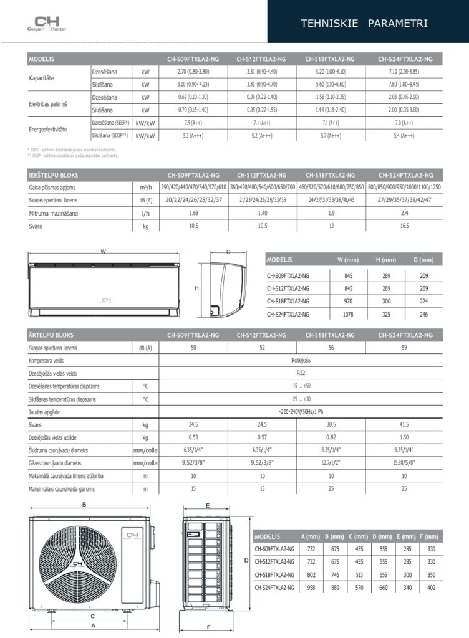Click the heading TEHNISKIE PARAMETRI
pyautogui.click(x=364, y=24)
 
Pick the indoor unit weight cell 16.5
pyautogui.click(x=405, y=226)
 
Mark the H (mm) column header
pyautogui.click(x=385, y=259)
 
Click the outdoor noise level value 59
pyautogui.click(x=405, y=348)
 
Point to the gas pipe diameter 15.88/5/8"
pyautogui.click(x=405, y=464)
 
